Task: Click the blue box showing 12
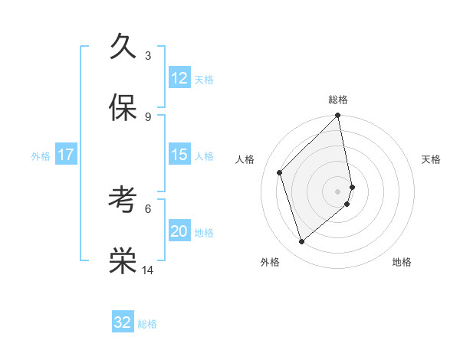click(179, 78)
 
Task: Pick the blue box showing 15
click(179, 155)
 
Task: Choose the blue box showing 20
click(179, 231)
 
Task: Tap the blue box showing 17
click(66, 155)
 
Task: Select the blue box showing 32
click(123, 322)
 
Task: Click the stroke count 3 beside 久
click(148, 55)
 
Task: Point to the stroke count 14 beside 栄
click(148, 270)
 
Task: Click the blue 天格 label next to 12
click(204, 80)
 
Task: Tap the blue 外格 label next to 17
click(41, 156)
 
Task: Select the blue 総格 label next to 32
click(147, 324)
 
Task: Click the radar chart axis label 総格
click(338, 100)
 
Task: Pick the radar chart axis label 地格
click(402, 262)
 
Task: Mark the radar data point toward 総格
click(338, 116)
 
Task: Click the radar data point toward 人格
click(280, 172)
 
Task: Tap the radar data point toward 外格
click(302, 241)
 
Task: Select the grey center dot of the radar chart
click(338, 191)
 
